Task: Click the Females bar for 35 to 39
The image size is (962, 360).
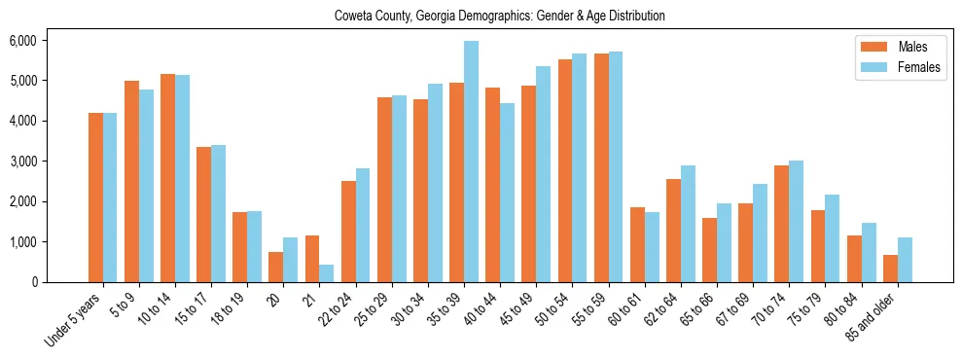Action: [x=471, y=162]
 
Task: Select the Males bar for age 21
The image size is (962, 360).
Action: [x=312, y=259]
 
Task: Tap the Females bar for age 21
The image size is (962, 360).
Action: [x=327, y=273]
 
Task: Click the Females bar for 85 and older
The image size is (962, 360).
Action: [x=905, y=260]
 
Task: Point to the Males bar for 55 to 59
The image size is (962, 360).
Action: [x=601, y=167]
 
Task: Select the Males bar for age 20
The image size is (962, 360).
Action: [x=276, y=267]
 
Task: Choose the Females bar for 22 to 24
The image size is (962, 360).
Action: [x=363, y=225]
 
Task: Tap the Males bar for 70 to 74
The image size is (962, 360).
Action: [x=782, y=224]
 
